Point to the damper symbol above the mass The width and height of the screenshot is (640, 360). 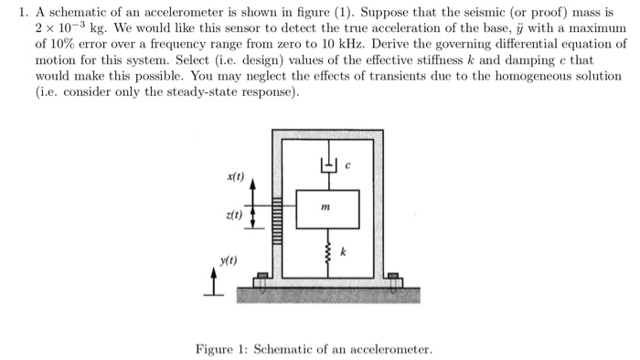pos(326,165)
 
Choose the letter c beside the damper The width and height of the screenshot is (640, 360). pos(347,164)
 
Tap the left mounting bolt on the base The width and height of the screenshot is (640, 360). pos(261,279)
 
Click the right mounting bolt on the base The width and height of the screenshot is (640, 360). pos(393,279)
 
